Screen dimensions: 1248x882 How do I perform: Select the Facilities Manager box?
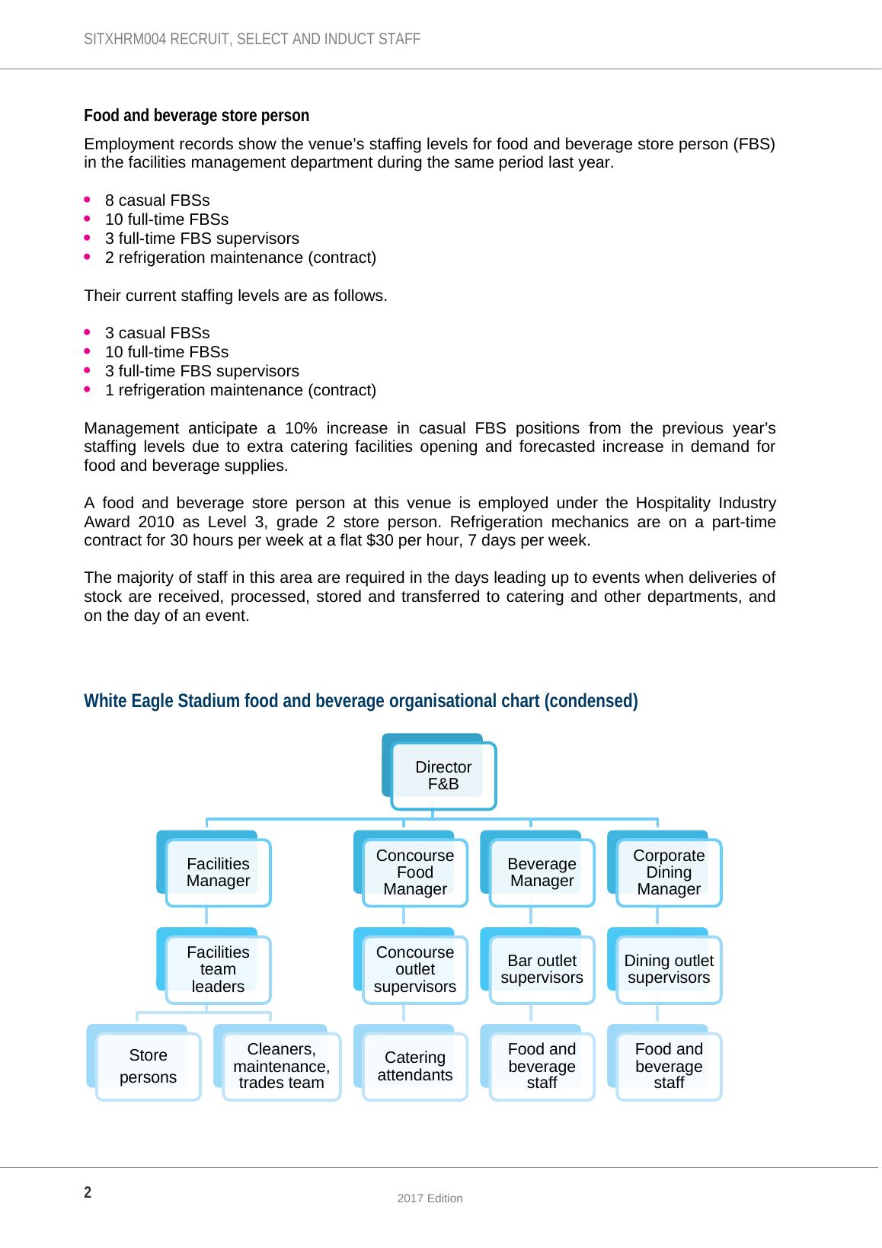pyautogui.click(x=218, y=872)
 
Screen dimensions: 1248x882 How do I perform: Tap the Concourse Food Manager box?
pyautogui.click(x=414, y=872)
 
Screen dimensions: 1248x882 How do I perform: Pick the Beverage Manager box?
pyautogui.click(x=542, y=872)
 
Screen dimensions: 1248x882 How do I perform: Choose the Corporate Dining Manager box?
pyautogui.click(x=669, y=872)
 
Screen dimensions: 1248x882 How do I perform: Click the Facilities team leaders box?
pyautogui.click(x=218, y=969)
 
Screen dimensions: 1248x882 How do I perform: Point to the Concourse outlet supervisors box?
pyautogui.click(x=414, y=969)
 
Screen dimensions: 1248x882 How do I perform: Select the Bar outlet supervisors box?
pyautogui.click(x=542, y=969)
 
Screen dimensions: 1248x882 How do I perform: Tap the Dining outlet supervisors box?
pyautogui.click(x=669, y=969)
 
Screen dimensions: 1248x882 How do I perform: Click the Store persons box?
pyautogui.click(x=149, y=1066)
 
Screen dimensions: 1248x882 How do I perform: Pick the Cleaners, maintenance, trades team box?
pyautogui.click(x=281, y=1066)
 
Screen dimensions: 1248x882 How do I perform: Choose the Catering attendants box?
pyautogui.click(x=414, y=1066)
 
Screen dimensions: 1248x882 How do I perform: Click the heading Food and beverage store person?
pyautogui.click(x=197, y=116)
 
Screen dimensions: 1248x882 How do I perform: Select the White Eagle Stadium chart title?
pyautogui.click(x=360, y=700)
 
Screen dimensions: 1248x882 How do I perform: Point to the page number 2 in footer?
pyautogui.click(x=88, y=1192)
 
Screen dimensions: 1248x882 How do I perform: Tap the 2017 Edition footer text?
pyautogui.click(x=430, y=1198)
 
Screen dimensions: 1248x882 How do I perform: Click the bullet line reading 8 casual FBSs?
pyautogui.click(x=157, y=200)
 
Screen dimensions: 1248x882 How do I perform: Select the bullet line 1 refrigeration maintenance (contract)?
pyautogui.click(x=240, y=390)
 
